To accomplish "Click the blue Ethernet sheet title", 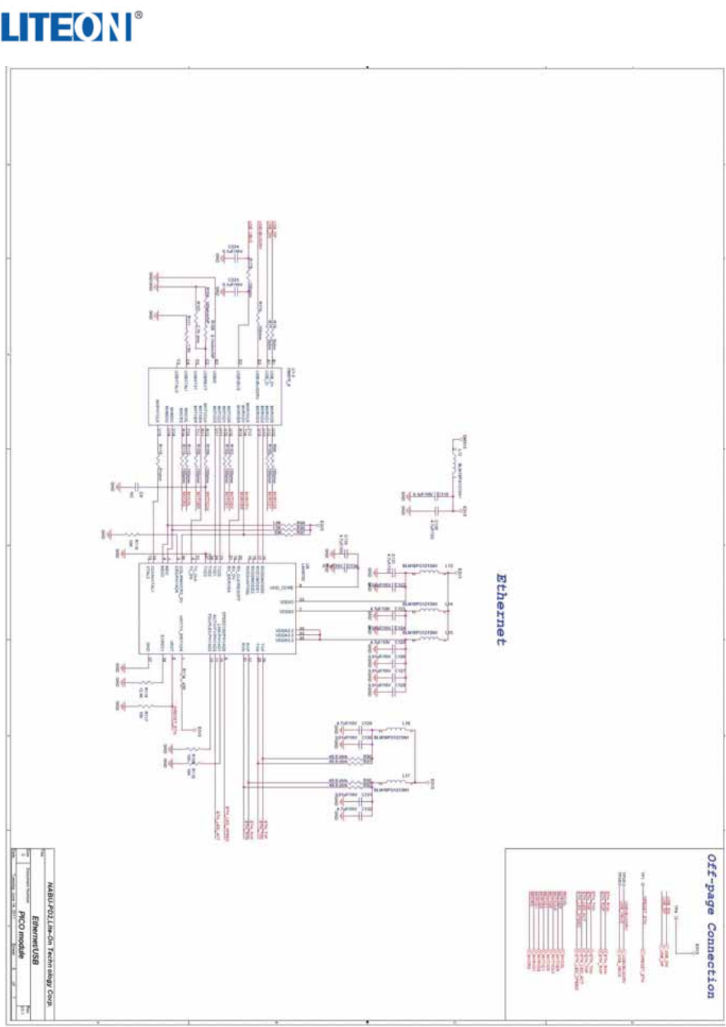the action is pos(501,610).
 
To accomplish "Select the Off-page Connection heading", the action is pos(711,925).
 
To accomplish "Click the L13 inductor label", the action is pos(449,566).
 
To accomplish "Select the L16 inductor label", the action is pos(406,723).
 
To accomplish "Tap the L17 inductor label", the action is pos(406,775).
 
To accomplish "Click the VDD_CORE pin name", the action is pos(282,587).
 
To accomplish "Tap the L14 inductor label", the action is pos(449,604).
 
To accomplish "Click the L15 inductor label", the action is pos(449,633).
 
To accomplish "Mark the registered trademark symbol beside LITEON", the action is pos(138,13).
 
